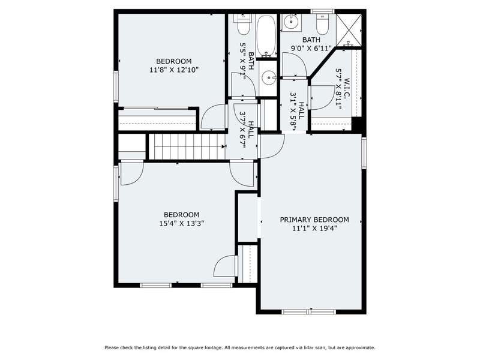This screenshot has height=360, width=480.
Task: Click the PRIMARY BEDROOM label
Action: point(314,220)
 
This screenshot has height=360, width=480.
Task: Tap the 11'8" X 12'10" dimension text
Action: point(174,70)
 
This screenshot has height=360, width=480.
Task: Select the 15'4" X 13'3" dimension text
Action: point(182,223)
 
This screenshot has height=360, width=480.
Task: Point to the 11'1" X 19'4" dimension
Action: point(314,229)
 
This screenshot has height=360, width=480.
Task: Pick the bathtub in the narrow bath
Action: point(266,36)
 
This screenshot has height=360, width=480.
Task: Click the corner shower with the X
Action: point(349,29)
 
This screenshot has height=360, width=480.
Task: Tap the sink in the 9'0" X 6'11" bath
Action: point(291,22)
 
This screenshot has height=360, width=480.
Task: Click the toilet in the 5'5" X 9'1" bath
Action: point(244,24)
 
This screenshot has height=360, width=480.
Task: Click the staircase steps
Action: point(187,146)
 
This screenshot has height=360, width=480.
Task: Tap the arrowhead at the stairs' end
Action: point(223,146)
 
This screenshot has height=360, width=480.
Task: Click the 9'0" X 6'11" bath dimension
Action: point(311,49)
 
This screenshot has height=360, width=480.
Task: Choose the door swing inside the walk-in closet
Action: point(322,98)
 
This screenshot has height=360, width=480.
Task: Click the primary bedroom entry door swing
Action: point(272,146)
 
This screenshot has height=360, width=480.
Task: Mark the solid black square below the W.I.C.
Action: point(357,124)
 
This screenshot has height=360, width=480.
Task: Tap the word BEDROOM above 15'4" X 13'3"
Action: point(182,215)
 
